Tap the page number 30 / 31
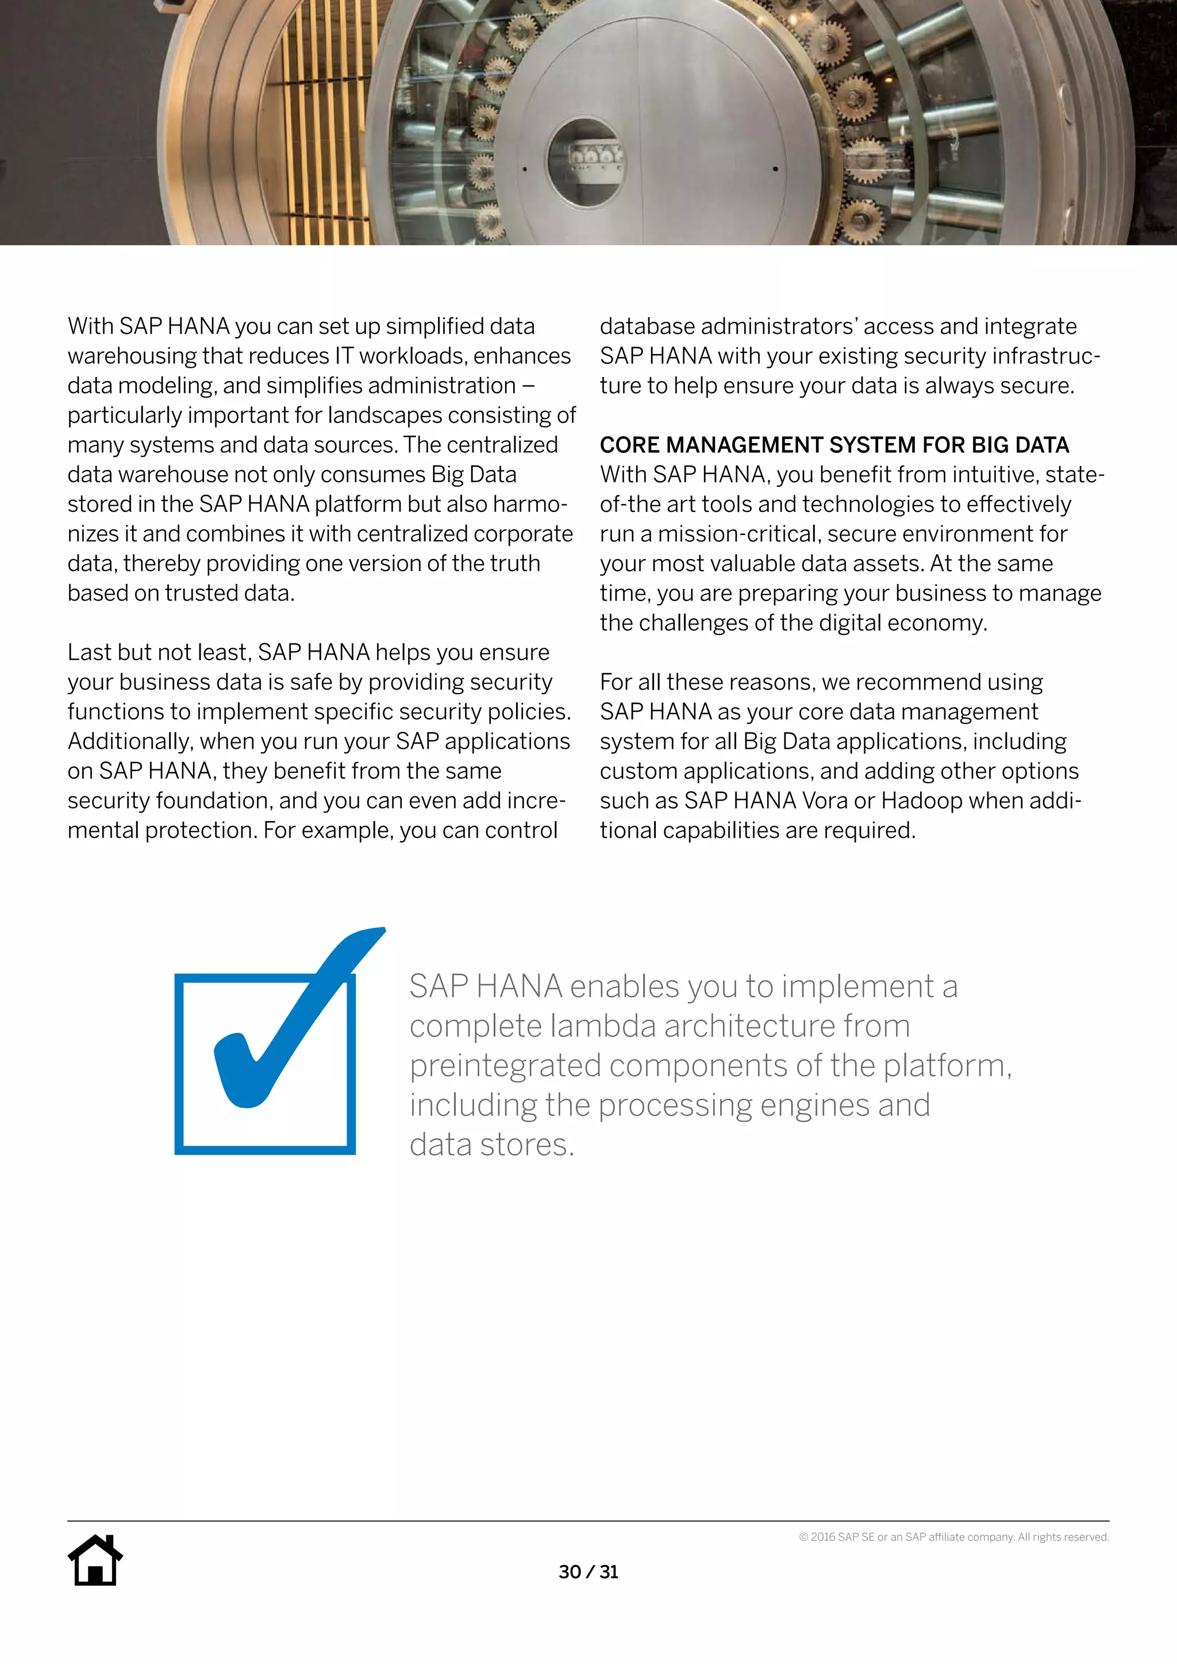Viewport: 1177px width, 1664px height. (x=588, y=1572)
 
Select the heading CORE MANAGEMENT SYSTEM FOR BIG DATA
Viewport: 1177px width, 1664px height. (x=834, y=445)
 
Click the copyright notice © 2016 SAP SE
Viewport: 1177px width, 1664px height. (x=953, y=1537)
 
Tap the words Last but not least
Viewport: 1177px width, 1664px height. (x=159, y=652)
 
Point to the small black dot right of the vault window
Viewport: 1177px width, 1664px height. (x=775, y=169)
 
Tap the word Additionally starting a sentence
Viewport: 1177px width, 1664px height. (x=130, y=741)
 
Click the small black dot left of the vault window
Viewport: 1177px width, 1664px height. (x=525, y=170)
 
